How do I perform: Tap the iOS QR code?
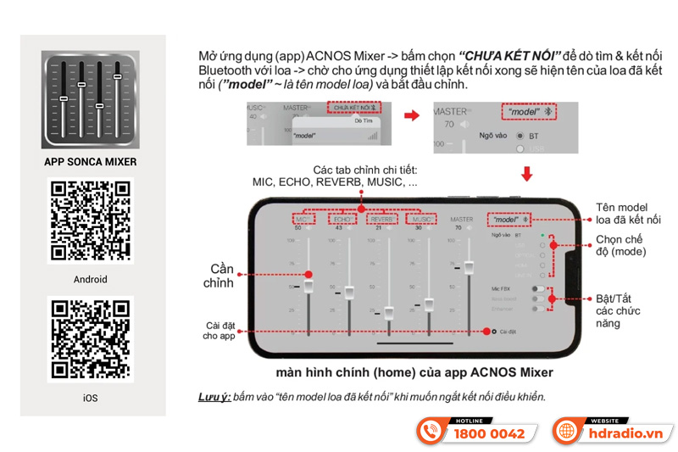(x=92, y=340)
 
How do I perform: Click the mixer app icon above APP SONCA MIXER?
(x=90, y=99)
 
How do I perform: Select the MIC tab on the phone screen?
(x=303, y=219)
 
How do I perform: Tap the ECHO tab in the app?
(x=342, y=219)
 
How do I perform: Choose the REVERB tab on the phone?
(x=382, y=219)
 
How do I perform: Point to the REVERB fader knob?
(x=388, y=312)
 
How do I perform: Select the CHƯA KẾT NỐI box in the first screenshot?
(x=353, y=109)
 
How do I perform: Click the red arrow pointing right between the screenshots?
(x=411, y=114)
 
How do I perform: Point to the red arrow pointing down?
(x=526, y=174)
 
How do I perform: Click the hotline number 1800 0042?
(x=489, y=433)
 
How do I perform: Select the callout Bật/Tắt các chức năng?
(x=620, y=311)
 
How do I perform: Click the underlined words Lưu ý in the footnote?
(x=212, y=397)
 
